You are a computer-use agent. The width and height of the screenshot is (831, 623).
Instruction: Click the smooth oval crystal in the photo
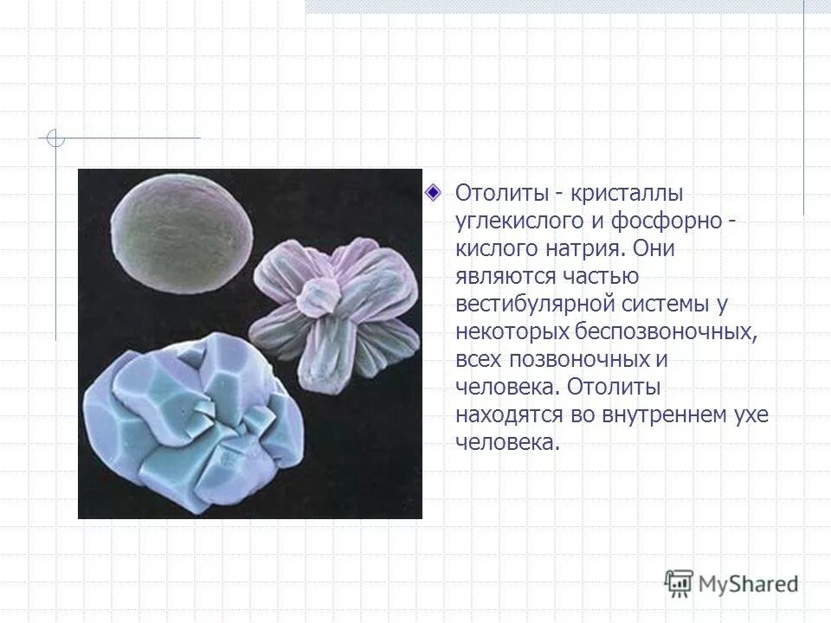pos(184,236)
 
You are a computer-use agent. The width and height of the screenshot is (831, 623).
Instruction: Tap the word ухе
pos(750,414)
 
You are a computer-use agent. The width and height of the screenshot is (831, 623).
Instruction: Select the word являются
pos(509,276)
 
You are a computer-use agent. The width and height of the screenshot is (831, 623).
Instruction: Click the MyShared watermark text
pos(749,584)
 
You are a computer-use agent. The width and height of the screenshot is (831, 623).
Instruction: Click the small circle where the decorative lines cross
pos(55,138)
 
